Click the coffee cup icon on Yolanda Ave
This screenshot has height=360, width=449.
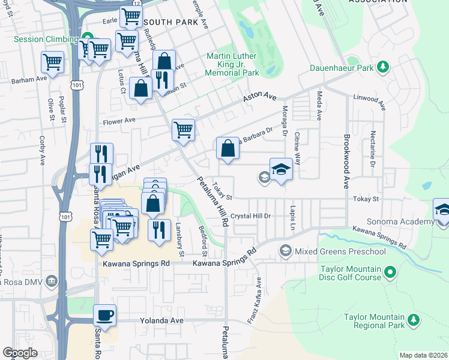point(104,315)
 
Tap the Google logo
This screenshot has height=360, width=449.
point(20,353)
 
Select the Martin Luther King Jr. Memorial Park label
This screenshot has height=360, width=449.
point(232,64)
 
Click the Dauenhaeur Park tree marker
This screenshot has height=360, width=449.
point(382,67)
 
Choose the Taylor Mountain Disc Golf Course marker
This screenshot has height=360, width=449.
point(390,274)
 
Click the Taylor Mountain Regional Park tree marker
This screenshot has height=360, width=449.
point(412,321)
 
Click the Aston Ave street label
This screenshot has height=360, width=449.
point(259,96)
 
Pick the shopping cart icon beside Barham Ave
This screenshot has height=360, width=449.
point(53,61)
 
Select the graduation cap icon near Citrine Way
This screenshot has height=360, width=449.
point(280,169)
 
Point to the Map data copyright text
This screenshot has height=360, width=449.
point(424,355)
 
